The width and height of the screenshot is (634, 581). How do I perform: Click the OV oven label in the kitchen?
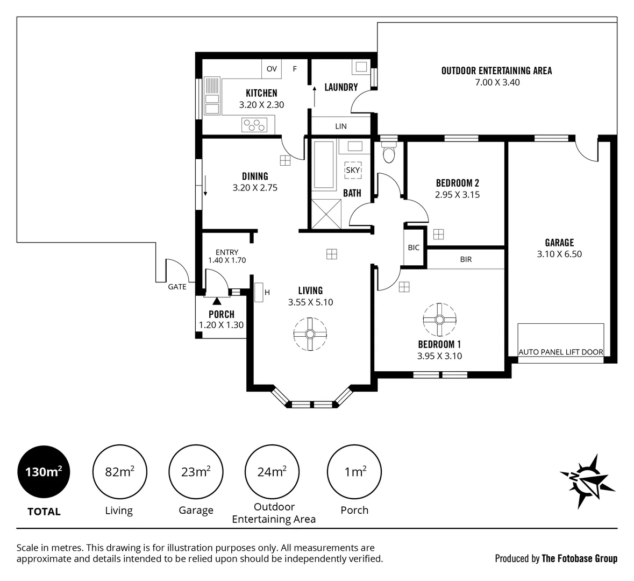pos(272,69)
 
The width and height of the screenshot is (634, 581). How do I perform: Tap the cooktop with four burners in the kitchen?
pos(254,125)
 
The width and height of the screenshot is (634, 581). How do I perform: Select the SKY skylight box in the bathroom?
pos(353,170)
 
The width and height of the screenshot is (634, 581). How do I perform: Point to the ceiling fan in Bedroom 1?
pos(439,320)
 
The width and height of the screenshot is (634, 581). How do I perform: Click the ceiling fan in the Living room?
pos(310,334)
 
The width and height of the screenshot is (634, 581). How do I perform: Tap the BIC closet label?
pos(414,248)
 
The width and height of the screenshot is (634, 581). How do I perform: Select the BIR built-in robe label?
pos(466,259)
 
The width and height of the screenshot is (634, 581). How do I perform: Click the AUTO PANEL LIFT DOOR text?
pos(560,352)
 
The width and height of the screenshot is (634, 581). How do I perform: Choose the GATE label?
pos(177,287)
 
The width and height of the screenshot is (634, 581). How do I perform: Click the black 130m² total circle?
pos(44,473)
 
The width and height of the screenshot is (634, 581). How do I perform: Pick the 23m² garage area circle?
pos(196,473)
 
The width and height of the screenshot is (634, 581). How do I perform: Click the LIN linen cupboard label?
pos(341,126)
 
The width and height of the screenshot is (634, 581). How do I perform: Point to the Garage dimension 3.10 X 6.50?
pos(559,254)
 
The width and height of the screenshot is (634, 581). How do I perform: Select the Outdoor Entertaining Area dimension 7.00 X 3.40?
pos(497,82)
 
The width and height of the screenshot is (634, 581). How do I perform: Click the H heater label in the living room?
pos(267,292)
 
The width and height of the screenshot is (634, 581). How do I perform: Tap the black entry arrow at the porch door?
pos(217,301)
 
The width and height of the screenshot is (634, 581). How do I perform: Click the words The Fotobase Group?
pos(580,558)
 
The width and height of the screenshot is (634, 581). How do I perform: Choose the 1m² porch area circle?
pos(354,473)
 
